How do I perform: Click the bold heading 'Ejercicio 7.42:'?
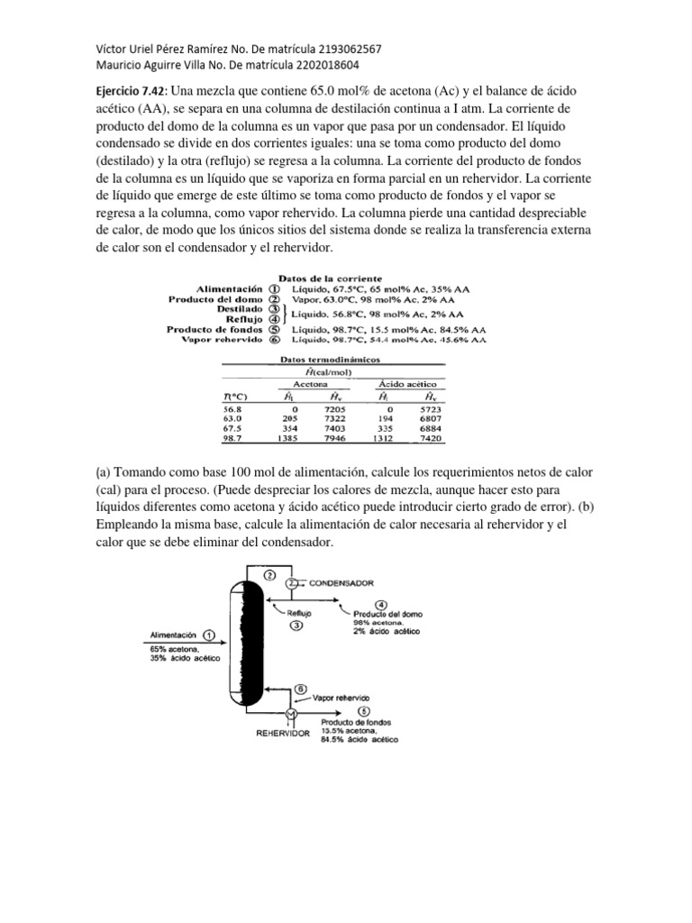coord(130,91)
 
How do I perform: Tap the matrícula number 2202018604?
coord(353,65)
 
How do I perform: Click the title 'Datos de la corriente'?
coord(330,279)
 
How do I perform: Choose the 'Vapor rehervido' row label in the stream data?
coord(222,340)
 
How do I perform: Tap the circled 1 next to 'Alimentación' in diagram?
coord(209,634)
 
